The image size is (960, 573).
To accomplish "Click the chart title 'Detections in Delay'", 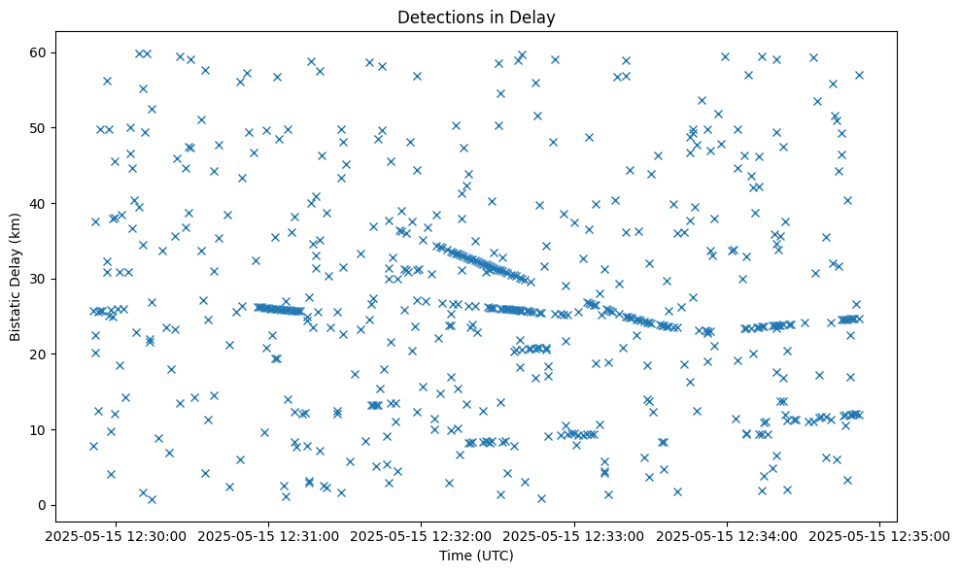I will tap(477, 17).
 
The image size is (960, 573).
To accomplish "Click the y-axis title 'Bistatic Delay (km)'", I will tap(16, 278).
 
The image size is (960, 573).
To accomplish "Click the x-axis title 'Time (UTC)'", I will tap(476, 556).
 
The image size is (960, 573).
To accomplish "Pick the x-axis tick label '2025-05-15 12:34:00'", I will tap(728, 535).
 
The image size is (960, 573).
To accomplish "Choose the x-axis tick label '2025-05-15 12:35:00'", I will tap(880, 535).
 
